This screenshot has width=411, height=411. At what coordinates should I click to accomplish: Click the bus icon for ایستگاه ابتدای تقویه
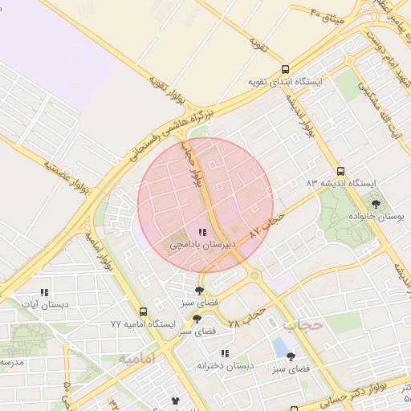(285, 70)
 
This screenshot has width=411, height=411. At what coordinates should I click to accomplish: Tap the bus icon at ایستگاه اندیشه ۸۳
(341, 171)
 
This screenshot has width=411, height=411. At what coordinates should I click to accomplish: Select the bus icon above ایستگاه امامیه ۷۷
(143, 311)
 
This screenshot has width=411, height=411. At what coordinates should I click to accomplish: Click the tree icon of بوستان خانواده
(376, 204)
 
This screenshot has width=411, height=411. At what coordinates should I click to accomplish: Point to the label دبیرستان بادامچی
(201, 243)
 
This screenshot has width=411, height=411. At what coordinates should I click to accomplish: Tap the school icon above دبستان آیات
(44, 293)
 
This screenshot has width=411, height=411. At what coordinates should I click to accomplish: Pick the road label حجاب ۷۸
(246, 315)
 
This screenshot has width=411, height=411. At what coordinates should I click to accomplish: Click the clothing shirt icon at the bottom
(175, 400)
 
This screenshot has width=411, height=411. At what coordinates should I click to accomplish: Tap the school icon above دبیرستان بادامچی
(201, 231)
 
